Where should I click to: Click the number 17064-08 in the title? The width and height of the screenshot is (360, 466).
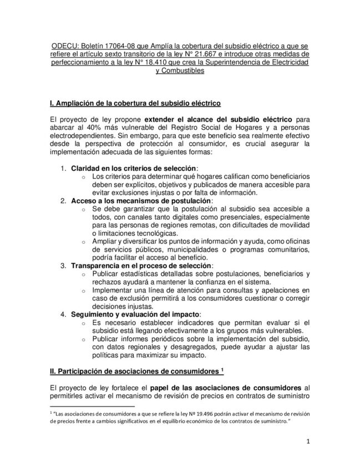coord(129,48)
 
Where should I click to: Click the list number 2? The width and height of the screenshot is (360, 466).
coord(64,200)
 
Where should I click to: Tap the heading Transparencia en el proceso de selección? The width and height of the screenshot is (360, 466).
coord(141,266)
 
